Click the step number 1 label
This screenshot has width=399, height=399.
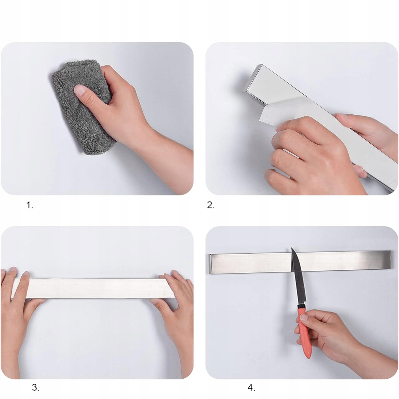pos(30,205)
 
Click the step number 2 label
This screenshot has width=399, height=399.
pos(210,205)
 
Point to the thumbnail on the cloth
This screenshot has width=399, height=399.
pos(80,90)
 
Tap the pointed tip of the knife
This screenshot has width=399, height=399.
pos(292,248)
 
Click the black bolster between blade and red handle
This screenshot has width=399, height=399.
pos(302,307)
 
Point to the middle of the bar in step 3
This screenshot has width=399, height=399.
pos(93,288)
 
